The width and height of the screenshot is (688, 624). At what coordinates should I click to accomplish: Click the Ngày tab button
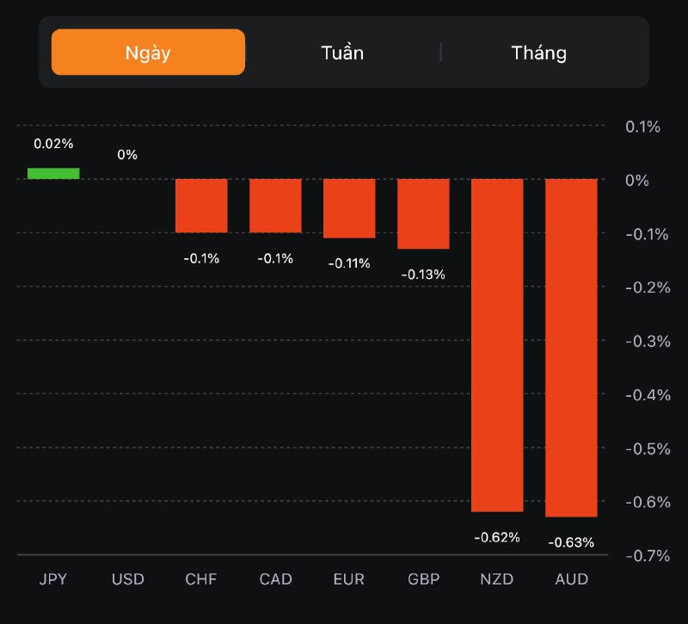(x=148, y=53)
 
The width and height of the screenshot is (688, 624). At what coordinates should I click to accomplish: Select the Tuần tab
(x=342, y=53)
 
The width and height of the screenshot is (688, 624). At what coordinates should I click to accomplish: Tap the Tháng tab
(x=539, y=53)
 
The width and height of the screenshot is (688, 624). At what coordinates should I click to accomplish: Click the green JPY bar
(x=53, y=174)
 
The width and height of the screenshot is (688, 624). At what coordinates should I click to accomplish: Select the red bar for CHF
(x=201, y=206)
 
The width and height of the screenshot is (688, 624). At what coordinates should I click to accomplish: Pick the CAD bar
(x=275, y=206)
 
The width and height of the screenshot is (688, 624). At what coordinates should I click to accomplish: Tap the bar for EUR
(x=349, y=208)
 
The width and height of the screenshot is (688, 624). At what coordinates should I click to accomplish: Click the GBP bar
(x=423, y=213)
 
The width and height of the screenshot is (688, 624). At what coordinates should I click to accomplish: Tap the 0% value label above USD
(x=127, y=155)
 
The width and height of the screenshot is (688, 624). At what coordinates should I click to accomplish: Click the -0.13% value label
(x=423, y=275)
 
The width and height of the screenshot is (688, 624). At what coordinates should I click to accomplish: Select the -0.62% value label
(x=497, y=537)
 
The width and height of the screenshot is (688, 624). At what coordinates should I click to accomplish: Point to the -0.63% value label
(x=571, y=542)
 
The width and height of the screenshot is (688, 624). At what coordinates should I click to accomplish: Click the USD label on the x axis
(x=127, y=579)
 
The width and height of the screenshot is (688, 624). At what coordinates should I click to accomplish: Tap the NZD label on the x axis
(x=497, y=579)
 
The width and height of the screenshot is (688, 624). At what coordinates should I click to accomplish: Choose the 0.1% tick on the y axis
(x=642, y=127)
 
